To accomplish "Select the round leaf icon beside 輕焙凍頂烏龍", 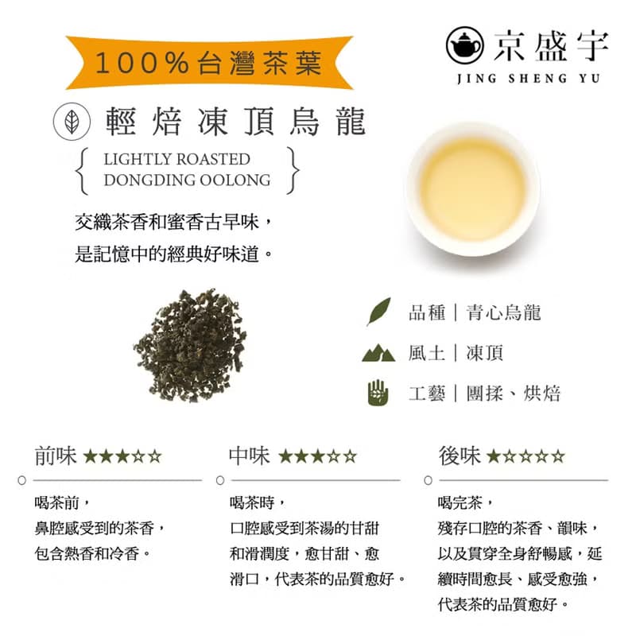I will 71,122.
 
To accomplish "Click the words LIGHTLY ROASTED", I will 176,159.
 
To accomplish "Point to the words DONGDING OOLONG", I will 187,180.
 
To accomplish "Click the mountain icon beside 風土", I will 378,352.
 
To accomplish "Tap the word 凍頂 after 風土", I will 485,352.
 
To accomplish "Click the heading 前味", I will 56,456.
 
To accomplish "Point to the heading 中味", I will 249,456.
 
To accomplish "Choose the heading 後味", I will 459,456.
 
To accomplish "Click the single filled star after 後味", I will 494,456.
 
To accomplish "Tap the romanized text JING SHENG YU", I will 529,78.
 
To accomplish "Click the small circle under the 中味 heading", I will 220,480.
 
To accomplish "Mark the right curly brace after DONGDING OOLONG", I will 294,169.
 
